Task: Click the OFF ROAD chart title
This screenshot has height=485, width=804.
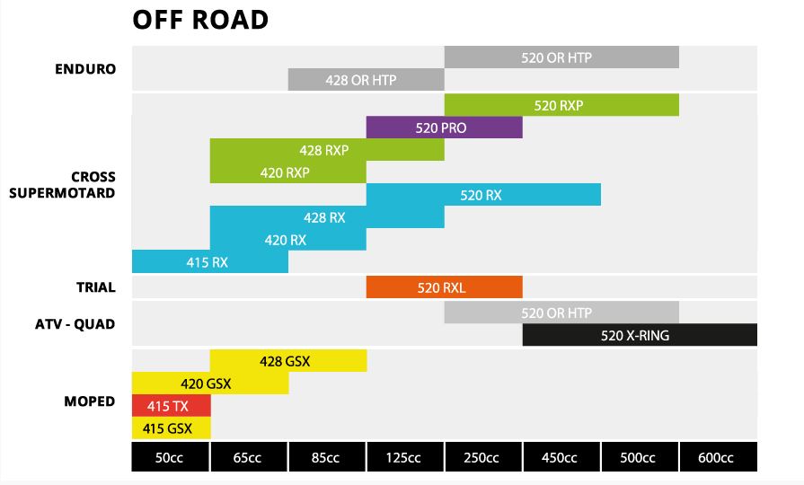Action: tap(199, 20)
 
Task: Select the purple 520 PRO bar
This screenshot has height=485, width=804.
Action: tap(444, 128)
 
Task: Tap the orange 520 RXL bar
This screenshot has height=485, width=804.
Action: tap(444, 287)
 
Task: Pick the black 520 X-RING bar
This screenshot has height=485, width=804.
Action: tap(640, 335)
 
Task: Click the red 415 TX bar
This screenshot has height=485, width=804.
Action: tap(171, 405)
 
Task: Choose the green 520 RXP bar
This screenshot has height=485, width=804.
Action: tap(561, 105)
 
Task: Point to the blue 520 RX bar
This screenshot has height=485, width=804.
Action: tap(483, 195)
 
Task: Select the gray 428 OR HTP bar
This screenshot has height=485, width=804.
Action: tap(366, 80)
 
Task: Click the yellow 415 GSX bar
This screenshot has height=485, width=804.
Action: tap(171, 428)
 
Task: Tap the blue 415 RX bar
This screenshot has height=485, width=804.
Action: tap(209, 261)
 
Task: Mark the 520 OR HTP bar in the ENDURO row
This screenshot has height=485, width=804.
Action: tap(561, 57)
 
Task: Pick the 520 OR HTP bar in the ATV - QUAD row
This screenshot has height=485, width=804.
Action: tap(561, 313)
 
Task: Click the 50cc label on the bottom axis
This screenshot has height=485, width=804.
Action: tap(171, 457)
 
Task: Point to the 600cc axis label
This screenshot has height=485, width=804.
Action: tap(718, 457)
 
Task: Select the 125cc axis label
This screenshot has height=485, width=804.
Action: tap(404, 457)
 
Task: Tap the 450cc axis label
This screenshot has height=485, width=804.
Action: tap(561, 457)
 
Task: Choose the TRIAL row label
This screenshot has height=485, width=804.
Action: tap(95, 287)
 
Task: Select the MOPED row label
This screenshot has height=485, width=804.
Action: tap(89, 400)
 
